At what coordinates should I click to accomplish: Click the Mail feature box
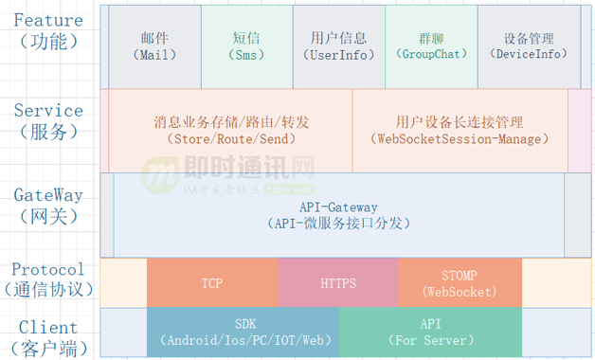click(x=154, y=46)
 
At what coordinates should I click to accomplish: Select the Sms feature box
click(x=246, y=46)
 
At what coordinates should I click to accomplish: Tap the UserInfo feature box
click(x=338, y=46)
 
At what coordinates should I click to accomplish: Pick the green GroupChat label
click(x=431, y=46)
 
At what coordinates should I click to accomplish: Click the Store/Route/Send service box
click(x=230, y=131)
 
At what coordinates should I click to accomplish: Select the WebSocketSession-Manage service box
click(x=460, y=131)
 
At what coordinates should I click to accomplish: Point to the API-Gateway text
click(x=338, y=207)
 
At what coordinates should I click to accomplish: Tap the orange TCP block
click(x=212, y=282)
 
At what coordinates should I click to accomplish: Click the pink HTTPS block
click(x=338, y=282)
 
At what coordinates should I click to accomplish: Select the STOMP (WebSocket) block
click(x=460, y=282)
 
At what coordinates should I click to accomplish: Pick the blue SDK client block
click(x=243, y=332)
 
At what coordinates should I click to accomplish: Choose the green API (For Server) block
click(x=430, y=332)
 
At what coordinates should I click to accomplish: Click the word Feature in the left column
click(x=47, y=20)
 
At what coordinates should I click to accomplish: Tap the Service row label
click(x=47, y=111)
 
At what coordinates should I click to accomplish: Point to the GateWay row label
click(x=47, y=195)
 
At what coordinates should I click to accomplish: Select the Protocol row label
click(x=47, y=269)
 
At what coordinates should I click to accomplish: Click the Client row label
click(x=47, y=327)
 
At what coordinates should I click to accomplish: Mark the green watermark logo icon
click(x=156, y=176)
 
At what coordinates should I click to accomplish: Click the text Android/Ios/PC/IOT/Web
click(x=243, y=340)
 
